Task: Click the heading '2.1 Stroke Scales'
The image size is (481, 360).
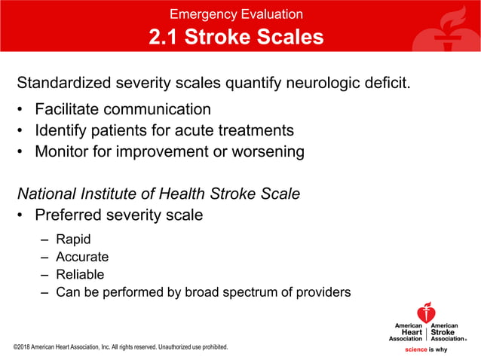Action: point(236,38)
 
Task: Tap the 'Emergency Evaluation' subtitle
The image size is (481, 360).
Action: point(236,14)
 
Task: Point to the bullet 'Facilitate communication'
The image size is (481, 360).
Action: point(122,109)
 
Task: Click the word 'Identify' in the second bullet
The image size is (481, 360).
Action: point(63,130)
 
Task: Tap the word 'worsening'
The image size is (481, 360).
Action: point(266,151)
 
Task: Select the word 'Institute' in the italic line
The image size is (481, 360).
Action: point(113,194)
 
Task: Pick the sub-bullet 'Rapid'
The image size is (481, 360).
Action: point(73,239)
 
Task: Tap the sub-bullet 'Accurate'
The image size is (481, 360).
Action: point(82,257)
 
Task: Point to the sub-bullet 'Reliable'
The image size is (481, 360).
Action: point(80,274)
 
